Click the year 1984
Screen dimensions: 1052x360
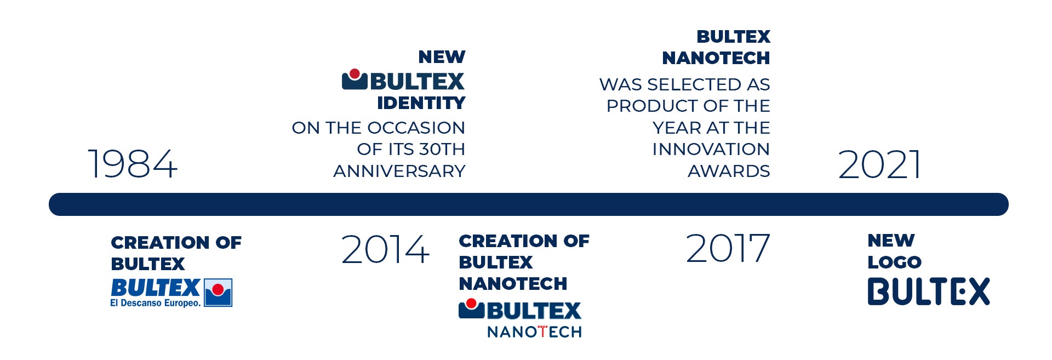tap(133, 164)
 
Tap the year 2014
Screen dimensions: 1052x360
tap(385, 249)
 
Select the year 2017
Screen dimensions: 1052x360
tap(728, 248)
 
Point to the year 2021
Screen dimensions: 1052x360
tap(879, 164)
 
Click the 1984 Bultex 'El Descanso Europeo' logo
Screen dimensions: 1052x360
tap(171, 293)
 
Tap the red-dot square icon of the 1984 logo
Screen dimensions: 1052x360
tap(218, 293)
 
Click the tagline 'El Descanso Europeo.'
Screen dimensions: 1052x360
tap(156, 303)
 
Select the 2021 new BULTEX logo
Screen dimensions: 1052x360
tap(929, 291)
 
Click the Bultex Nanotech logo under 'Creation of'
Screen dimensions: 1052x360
tap(520, 318)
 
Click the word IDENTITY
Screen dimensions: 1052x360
tap(421, 103)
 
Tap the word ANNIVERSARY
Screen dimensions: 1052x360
tap(399, 171)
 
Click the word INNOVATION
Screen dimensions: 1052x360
tap(711, 149)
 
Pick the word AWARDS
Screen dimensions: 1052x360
tap(729, 171)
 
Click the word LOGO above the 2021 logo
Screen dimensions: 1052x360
tap(894, 262)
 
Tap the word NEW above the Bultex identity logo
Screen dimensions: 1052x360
tap(442, 57)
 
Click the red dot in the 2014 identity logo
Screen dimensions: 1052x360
tap(355, 73)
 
